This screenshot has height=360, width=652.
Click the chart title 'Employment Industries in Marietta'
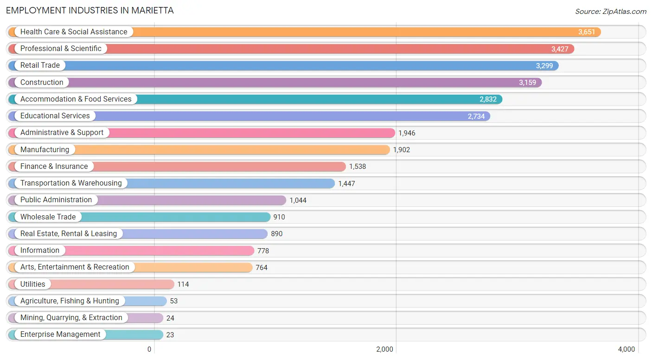point(90,10)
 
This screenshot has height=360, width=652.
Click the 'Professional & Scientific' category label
point(61,49)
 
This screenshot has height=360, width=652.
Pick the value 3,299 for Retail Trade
point(544,66)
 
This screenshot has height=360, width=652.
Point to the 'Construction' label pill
point(42,83)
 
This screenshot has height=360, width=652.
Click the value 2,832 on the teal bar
point(488,99)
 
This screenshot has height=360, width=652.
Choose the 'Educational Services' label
point(55,116)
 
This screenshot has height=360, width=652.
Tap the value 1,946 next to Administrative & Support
point(407,133)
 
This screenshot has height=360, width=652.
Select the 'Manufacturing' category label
point(45,150)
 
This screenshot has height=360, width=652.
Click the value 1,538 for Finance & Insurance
point(358,167)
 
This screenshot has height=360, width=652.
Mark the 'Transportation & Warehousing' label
point(71,183)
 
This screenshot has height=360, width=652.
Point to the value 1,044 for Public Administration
point(298,200)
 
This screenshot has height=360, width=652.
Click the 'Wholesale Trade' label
point(48,217)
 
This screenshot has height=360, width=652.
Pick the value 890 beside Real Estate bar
point(277,234)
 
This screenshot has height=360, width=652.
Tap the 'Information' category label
point(40,251)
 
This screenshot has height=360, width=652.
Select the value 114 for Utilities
point(183,284)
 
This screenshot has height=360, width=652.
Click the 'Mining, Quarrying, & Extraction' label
point(71,318)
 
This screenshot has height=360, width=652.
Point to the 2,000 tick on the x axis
point(384,349)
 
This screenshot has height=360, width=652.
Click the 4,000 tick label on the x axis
point(626,349)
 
